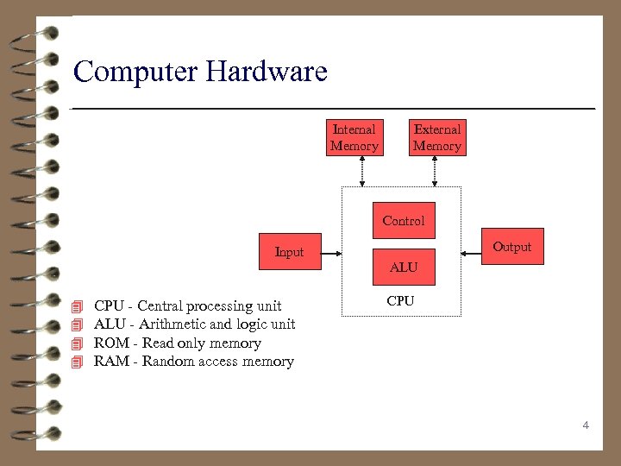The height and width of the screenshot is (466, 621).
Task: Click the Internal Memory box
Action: (354, 138)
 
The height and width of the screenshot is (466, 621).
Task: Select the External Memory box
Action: (437, 138)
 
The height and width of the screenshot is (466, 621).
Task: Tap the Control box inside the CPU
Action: (404, 221)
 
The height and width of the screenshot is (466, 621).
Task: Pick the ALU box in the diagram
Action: (404, 268)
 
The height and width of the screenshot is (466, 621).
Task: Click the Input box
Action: (290, 252)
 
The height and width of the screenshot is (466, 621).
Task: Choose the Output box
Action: (511, 247)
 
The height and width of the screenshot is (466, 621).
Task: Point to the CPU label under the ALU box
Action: (400, 301)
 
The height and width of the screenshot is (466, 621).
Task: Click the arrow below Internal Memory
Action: (362, 171)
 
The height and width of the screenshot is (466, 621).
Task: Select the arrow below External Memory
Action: (435, 171)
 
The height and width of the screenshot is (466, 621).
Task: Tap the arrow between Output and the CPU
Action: (471, 253)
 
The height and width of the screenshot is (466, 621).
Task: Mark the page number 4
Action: (586, 425)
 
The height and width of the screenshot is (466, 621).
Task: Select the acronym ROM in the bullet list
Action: (111, 343)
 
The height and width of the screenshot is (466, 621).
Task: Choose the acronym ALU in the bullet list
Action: (110, 324)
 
